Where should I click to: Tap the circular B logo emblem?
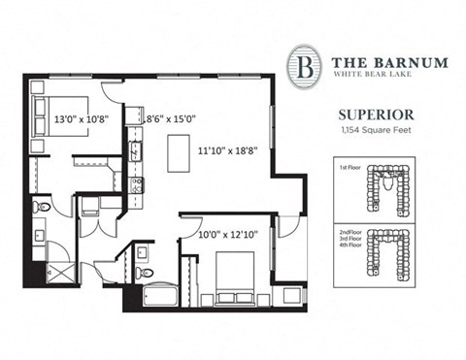pos(303,66)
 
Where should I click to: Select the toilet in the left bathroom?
pos(41,207)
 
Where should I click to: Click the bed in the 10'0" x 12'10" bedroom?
pos(234,274)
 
